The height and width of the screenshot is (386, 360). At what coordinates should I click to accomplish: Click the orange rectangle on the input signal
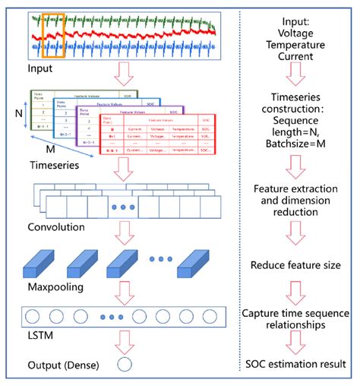(54, 35)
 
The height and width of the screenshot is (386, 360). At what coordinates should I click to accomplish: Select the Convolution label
(54, 227)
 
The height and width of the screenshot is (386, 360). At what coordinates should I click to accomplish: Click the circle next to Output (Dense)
(125, 365)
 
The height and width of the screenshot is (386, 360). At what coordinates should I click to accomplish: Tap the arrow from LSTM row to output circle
(125, 340)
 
